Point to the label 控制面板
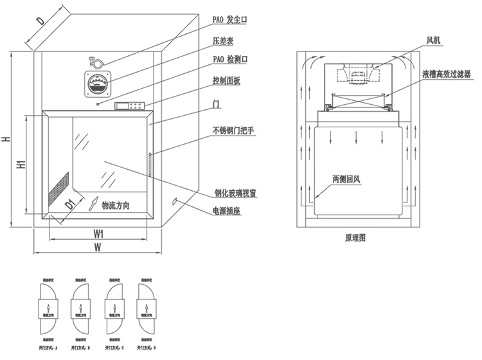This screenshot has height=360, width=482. pyautogui.click(x=226, y=80)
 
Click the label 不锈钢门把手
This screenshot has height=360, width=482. pyautogui.click(x=234, y=130)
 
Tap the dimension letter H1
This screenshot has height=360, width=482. pyautogui.click(x=21, y=165)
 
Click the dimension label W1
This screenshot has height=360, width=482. pyautogui.click(x=99, y=232)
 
